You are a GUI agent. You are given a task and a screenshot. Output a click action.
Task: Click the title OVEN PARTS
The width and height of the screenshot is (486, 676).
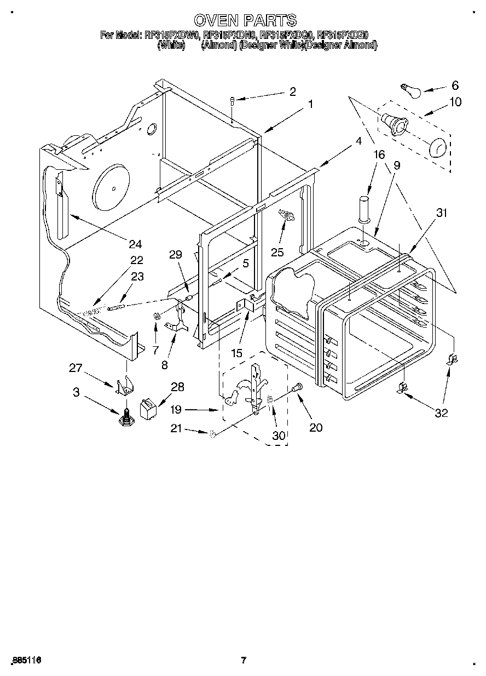click(245, 21)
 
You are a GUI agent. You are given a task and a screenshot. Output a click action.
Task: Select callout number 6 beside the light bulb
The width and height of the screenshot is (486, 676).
click(455, 85)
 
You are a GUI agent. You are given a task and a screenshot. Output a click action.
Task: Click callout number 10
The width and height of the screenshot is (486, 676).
click(455, 102)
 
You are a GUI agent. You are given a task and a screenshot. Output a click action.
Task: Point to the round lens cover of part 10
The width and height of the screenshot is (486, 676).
click(437, 148)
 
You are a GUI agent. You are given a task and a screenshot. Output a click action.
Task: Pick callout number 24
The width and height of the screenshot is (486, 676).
click(135, 244)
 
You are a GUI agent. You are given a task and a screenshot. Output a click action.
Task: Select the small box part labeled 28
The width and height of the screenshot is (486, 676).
click(148, 408)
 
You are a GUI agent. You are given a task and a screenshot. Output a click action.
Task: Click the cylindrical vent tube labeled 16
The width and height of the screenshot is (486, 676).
click(364, 210)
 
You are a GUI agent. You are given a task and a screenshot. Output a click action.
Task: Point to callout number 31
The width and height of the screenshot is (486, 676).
click(441, 214)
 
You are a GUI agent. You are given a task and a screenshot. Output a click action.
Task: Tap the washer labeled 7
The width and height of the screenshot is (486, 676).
click(156, 316)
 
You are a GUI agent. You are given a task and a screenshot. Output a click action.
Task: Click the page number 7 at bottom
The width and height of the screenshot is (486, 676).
click(244, 660)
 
